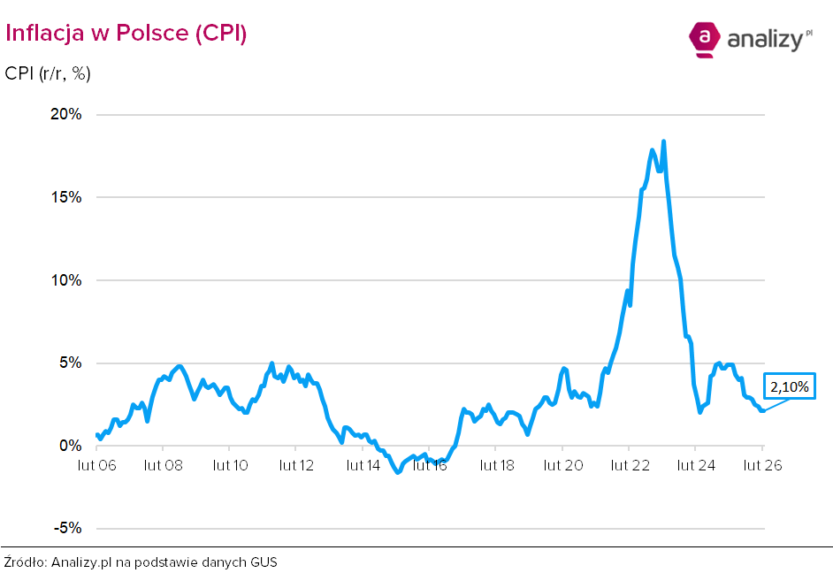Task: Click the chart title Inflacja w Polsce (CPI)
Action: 126,33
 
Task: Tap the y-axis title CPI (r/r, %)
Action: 48,73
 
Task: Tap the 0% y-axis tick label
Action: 71,446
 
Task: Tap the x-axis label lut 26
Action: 761,465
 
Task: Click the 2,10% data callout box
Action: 789,386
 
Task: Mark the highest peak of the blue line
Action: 663,141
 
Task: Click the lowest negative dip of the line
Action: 397,472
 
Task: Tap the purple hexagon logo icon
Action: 704,39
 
